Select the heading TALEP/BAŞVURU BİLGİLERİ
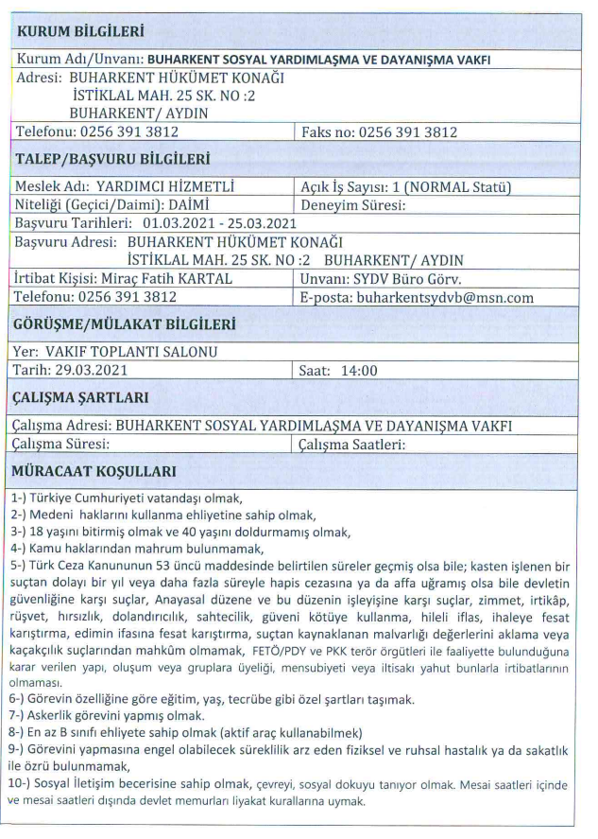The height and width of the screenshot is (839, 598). tap(113, 158)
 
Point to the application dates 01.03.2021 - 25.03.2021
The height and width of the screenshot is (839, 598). tap(219, 223)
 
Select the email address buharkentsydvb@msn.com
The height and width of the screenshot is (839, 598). tap(452, 297)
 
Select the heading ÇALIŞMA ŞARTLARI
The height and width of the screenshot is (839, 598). tap(94, 397)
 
